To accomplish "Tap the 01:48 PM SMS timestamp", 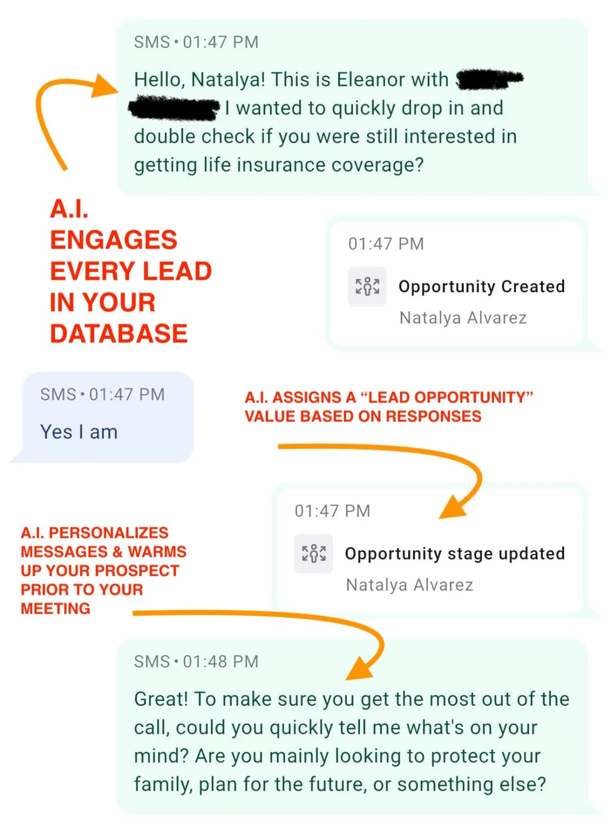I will click(x=220, y=662).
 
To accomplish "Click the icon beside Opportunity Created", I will click(x=367, y=286).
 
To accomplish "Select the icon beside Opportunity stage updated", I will click(x=314, y=554).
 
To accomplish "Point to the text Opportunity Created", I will click(x=482, y=287).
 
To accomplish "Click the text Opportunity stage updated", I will click(x=455, y=554).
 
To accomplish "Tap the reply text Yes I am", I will click(x=79, y=432).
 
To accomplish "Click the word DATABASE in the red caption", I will click(x=119, y=334).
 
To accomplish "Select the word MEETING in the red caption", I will click(x=55, y=609).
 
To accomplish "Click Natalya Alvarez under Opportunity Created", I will click(x=463, y=318).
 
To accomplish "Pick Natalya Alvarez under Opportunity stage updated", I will click(x=409, y=585).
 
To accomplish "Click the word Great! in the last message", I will click(x=161, y=699).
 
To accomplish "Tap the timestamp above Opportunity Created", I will click(x=386, y=244).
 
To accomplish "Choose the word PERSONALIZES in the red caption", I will click(x=108, y=533).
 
